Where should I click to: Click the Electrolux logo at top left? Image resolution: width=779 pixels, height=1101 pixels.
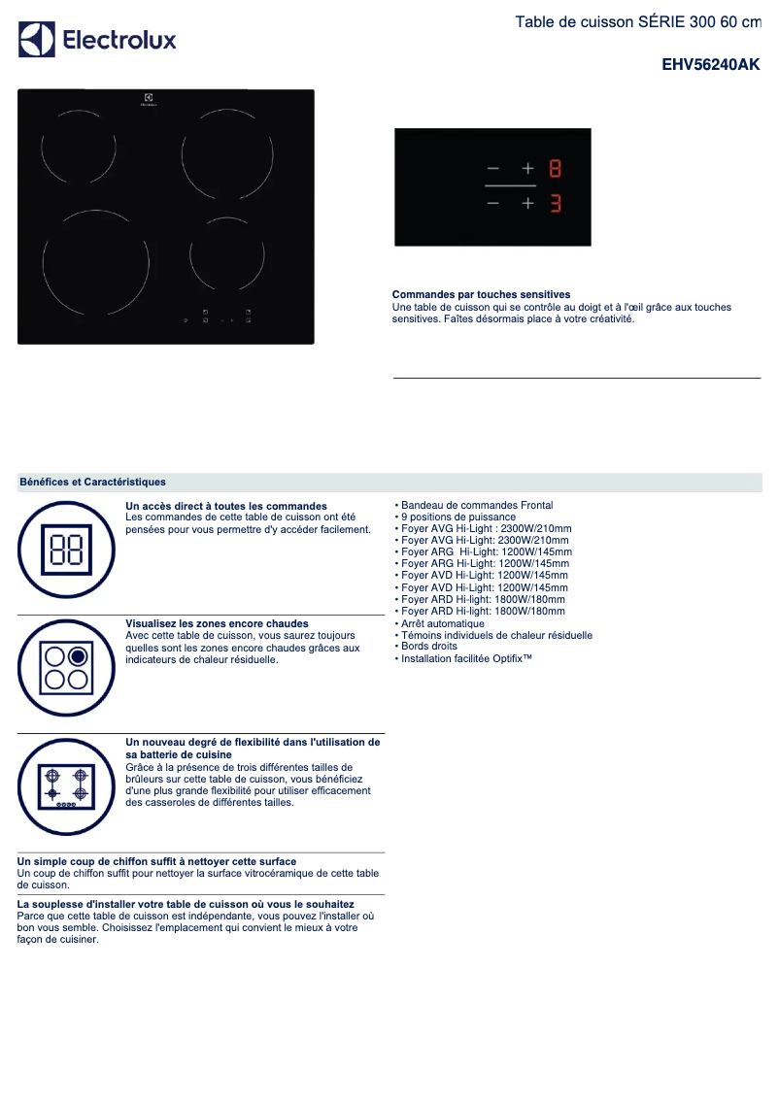(97, 40)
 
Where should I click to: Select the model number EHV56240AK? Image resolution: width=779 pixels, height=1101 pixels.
(710, 65)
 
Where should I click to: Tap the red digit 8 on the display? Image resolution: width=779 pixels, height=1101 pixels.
(555, 168)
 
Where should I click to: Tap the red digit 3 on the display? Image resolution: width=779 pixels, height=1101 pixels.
(555, 204)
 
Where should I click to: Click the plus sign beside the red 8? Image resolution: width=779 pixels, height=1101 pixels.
(528, 168)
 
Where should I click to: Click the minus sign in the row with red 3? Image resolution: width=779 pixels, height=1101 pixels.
(492, 204)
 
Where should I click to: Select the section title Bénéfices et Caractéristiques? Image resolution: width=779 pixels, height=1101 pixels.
(92, 482)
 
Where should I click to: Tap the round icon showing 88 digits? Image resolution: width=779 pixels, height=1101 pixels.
(66, 550)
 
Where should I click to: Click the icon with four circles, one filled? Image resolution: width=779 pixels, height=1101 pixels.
(66, 667)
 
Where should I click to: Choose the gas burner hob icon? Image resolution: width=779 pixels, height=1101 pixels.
(66, 785)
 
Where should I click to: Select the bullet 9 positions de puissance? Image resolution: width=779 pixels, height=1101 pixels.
(458, 517)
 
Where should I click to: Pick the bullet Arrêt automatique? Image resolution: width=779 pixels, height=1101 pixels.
(442, 623)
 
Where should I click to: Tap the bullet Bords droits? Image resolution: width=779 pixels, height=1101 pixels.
(428, 646)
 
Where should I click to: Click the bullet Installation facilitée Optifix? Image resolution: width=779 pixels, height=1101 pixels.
(466, 658)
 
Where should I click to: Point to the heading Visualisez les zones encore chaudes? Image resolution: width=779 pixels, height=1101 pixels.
(218, 623)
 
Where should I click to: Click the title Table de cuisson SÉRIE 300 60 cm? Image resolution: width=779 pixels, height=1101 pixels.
(637, 21)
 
